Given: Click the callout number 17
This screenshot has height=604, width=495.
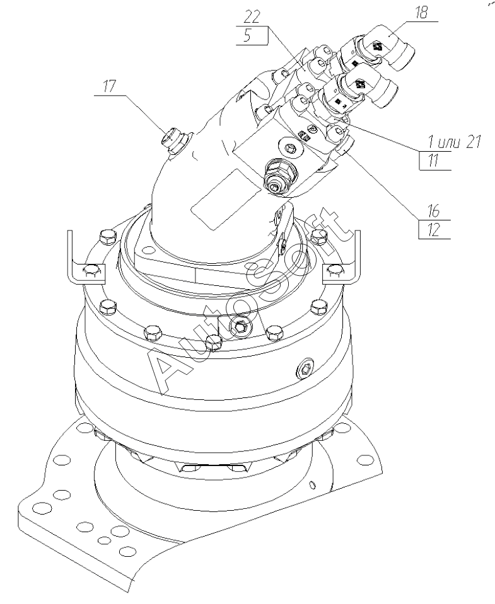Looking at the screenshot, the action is coord(109,86).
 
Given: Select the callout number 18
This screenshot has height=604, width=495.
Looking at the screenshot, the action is coord(421,13).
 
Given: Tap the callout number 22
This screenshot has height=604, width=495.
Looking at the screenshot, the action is coord(252,16).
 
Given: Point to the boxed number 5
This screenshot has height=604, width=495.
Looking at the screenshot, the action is coord(247,35).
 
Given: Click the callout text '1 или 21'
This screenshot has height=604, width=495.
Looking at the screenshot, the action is coord(455,142).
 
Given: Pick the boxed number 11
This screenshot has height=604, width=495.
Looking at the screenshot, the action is coord(433,160).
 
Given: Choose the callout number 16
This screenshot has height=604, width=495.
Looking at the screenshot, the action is coord(434,211).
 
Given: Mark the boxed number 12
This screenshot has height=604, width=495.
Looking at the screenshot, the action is coord(434,230).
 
